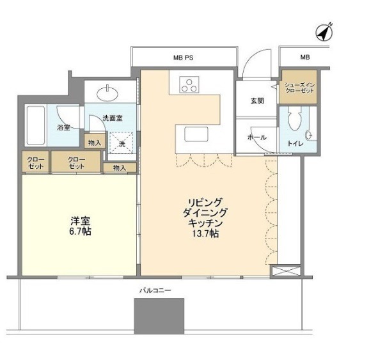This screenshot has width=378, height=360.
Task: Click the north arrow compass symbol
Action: click(x=324, y=32)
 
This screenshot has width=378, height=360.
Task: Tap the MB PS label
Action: click(x=183, y=58)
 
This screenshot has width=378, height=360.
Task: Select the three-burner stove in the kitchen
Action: click(x=189, y=84)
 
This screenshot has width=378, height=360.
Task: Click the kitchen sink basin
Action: click(x=196, y=134)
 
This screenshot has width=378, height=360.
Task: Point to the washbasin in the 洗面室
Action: click(x=107, y=93)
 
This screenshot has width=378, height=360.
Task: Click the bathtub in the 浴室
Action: click(x=36, y=125)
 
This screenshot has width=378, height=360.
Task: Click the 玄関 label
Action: click(x=257, y=101)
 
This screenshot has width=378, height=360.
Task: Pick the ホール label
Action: click(x=257, y=137)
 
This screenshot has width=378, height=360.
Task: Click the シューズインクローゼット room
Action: click(x=298, y=87)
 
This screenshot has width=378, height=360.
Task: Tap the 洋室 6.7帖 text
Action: click(x=81, y=226)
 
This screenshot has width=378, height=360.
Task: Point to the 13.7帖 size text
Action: click(x=205, y=233)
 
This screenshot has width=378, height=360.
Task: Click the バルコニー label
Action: click(x=155, y=290)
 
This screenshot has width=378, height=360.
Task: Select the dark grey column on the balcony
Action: click(x=159, y=316)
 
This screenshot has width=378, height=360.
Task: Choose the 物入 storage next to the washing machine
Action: click(x=95, y=142)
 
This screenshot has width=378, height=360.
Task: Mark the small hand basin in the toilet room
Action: click(x=308, y=136)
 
